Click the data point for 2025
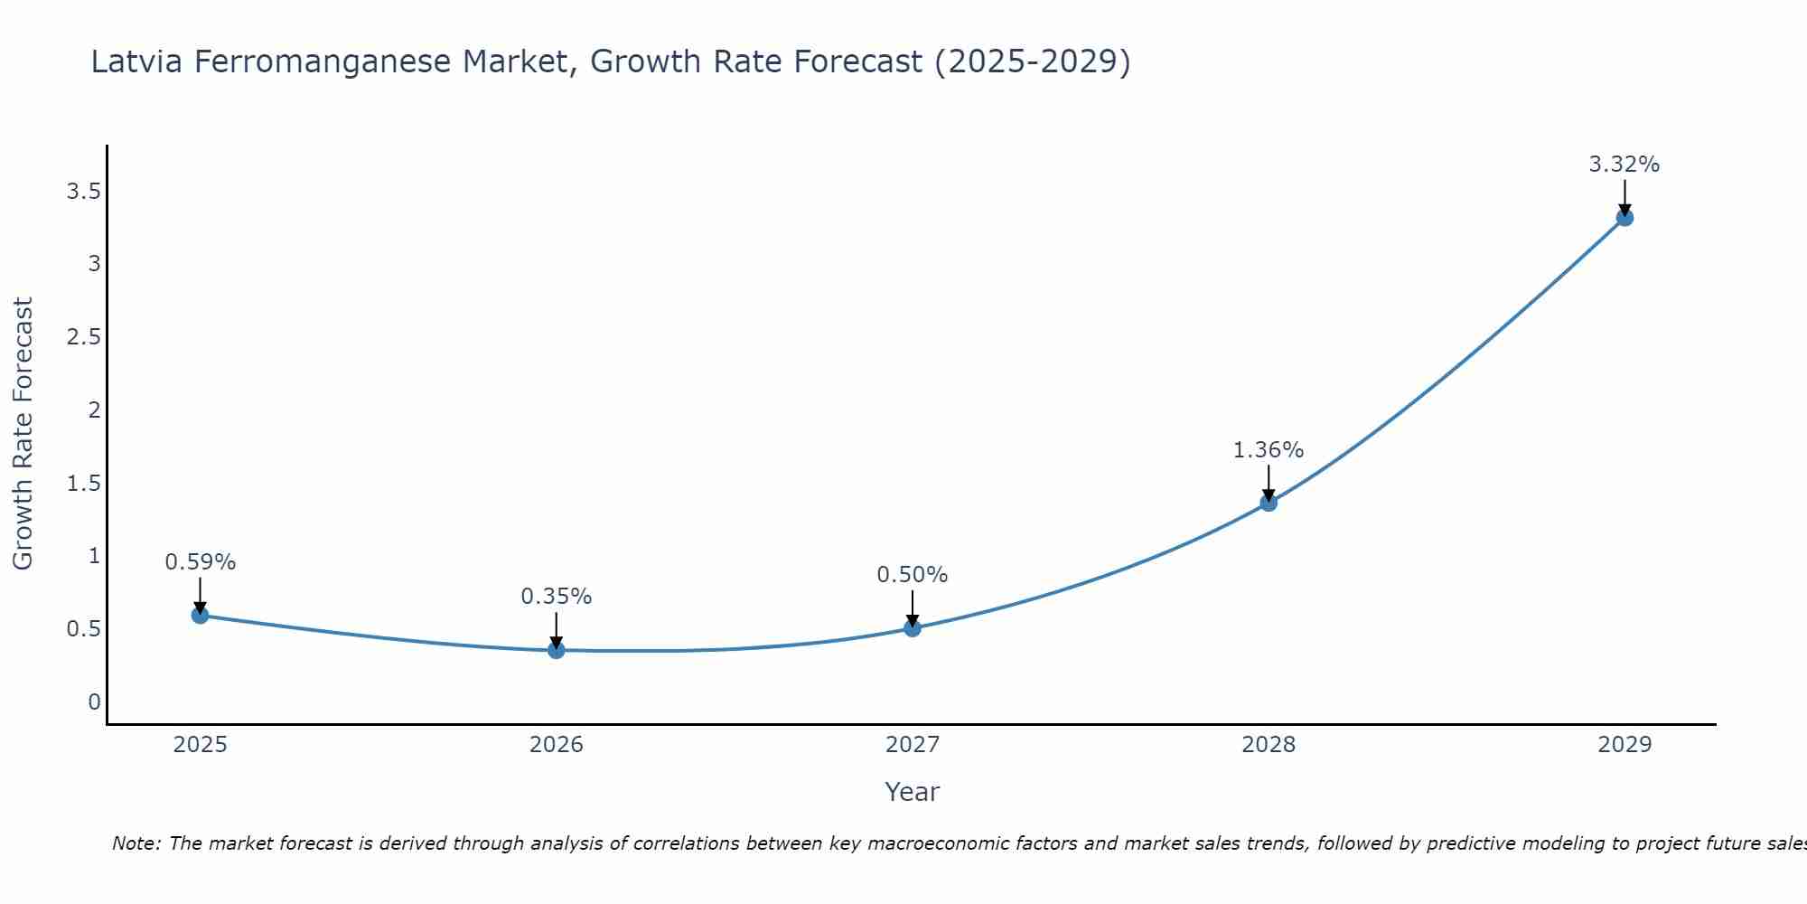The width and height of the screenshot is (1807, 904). (200, 616)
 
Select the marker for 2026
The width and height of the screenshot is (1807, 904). (557, 650)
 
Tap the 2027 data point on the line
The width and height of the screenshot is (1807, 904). (913, 628)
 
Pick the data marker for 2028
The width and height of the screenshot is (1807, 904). (1269, 503)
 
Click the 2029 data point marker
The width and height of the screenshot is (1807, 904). (1624, 217)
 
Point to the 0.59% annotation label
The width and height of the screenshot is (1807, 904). (200, 562)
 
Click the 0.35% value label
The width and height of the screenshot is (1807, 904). (557, 597)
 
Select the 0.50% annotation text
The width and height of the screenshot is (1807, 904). (913, 575)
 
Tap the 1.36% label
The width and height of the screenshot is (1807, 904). (1269, 450)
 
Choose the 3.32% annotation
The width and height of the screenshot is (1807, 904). (1624, 165)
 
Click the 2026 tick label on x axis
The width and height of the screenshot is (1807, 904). (557, 745)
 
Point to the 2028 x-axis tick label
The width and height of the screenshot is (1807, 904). (1269, 745)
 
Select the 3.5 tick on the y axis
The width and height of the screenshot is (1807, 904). (83, 192)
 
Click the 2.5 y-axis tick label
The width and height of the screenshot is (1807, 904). (83, 337)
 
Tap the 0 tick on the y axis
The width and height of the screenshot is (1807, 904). (94, 702)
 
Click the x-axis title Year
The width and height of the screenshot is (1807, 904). (913, 792)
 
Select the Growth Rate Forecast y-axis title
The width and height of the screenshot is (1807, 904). (23, 434)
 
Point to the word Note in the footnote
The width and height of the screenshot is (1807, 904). (135, 843)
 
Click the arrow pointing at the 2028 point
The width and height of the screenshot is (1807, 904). (1269, 482)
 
